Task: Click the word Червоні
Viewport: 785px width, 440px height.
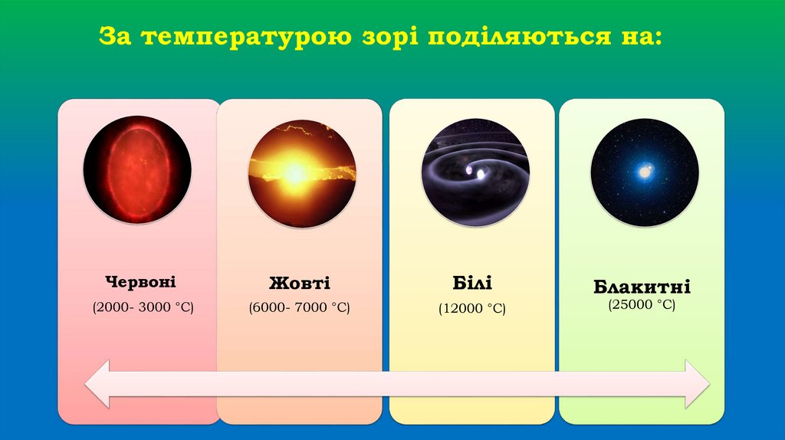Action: tap(141, 282)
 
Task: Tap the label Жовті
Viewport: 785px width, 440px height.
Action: tap(300, 283)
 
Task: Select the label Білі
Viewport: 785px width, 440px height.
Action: tap(472, 283)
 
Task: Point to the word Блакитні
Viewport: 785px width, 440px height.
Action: tap(642, 288)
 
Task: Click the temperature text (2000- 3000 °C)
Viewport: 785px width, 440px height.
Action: tap(143, 307)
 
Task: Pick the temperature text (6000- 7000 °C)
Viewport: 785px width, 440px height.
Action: tap(299, 308)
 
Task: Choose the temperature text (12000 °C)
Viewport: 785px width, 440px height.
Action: tap(472, 309)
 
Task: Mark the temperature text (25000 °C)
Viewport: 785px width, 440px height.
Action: tap(642, 305)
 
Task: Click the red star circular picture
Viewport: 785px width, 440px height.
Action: tap(137, 169)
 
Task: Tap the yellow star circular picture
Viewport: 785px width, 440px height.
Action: tap(302, 172)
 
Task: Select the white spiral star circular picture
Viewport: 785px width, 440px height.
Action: tap(475, 172)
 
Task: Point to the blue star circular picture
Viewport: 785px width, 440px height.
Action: tap(645, 172)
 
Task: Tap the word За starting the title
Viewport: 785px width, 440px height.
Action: tap(120, 37)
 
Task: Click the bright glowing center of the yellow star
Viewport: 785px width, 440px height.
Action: tap(294, 173)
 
